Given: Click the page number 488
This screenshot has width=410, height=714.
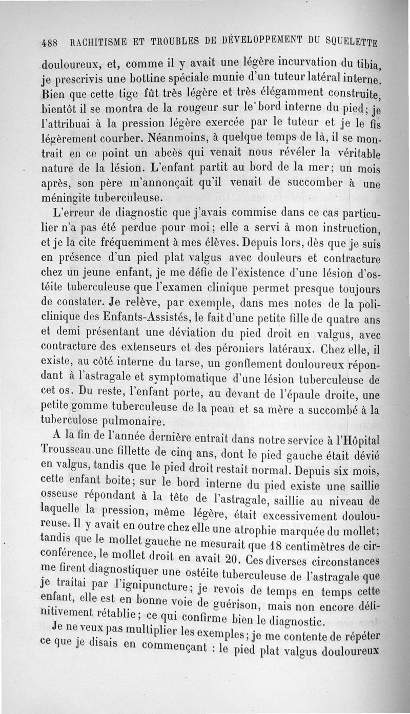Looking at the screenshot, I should (x=51, y=41).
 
